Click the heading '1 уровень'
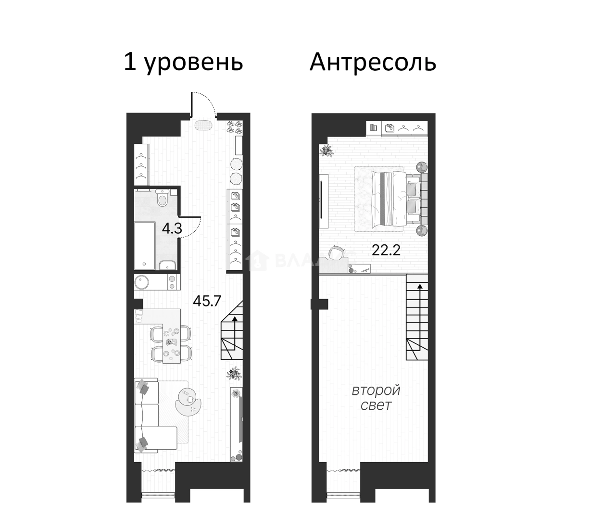pyautogui.click(x=183, y=63)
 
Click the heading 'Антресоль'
pyautogui.click(x=373, y=63)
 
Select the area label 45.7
pyautogui.click(x=207, y=301)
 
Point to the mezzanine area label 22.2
pyautogui.click(x=386, y=250)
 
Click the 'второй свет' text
pyautogui.click(x=376, y=397)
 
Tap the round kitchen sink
pyautogui.click(x=142, y=281)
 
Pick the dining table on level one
pyautogui.click(x=171, y=342)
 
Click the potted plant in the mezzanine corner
pyautogui.click(x=327, y=151)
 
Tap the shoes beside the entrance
pyautogui.click(x=235, y=126)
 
